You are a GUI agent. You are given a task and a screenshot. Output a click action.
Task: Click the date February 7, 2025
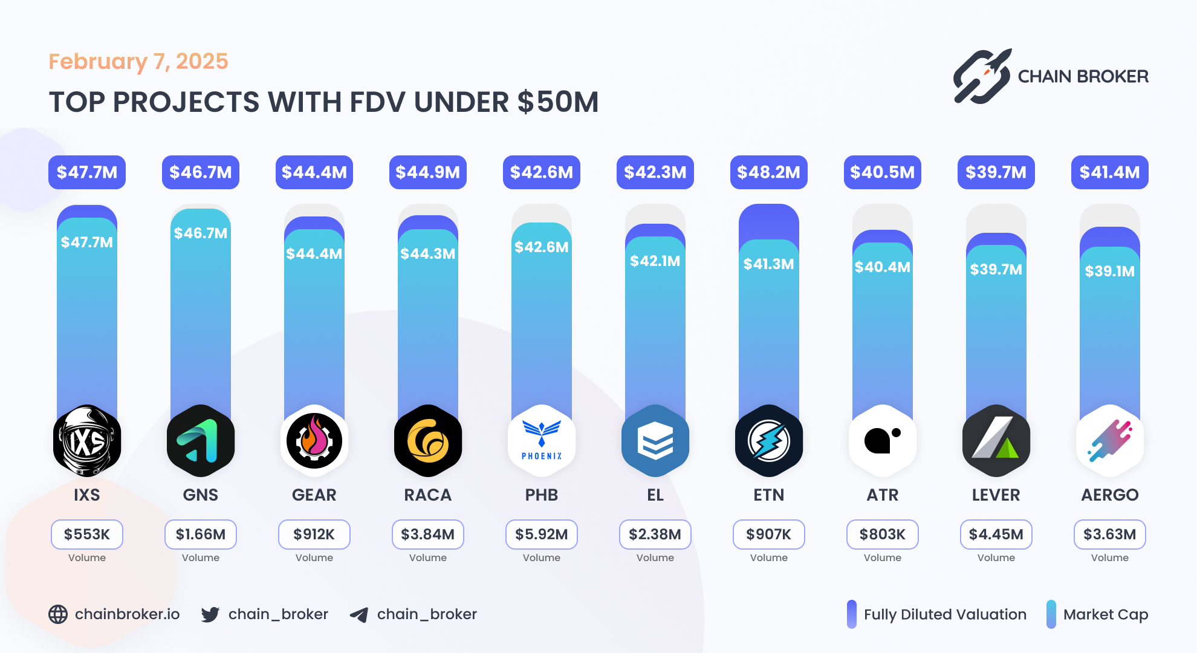(138, 62)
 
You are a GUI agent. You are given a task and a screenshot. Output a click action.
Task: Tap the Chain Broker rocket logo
(982, 77)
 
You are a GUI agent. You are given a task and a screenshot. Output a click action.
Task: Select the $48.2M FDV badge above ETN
(768, 172)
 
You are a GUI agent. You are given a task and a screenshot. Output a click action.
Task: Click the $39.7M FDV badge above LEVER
(996, 172)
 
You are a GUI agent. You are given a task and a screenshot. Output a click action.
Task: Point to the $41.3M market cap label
(768, 264)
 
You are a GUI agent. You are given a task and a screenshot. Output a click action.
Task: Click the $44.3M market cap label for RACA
(427, 253)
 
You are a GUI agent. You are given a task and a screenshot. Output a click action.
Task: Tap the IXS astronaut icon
(87, 441)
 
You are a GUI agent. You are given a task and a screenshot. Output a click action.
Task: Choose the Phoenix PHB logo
(542, 441)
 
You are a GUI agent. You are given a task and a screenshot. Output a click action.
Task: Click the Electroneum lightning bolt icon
(768, 441)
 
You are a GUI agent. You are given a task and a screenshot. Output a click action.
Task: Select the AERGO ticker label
(1109, 495)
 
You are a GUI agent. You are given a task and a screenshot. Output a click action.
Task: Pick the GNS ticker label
(200, 495)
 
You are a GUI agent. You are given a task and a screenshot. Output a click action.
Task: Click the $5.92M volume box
(542, 534)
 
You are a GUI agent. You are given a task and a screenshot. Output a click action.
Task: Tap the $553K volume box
(87, 534)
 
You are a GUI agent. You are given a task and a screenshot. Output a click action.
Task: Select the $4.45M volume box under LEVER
(996, 534)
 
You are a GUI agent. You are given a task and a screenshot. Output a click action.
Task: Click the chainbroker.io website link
(127, 614)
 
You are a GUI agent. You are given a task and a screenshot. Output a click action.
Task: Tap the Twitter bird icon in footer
(210, 615)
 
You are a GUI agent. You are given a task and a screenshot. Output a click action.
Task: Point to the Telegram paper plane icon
(359, 615)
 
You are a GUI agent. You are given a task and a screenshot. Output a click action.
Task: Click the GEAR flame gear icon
(314, 441)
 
